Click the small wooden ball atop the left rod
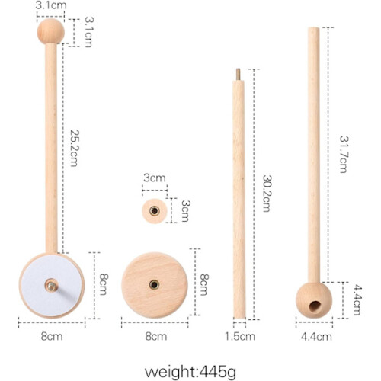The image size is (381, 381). pyautogui.click(x=51, y=31)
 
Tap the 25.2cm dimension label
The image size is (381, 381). pyautogui.click(x=74, y=149)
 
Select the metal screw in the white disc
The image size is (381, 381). pyautogui.click(x=52, y=286)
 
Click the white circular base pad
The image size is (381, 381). pyautogui.click(x=52, y=286)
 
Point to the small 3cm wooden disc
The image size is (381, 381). pyautogui.click(x=155, y=211)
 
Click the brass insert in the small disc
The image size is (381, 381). pyautogui.click(x=155, y=211)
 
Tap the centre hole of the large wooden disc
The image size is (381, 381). pyautogui.click(x=154, y=285)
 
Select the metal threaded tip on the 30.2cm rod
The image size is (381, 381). pyautogui.click(x=238, y=75)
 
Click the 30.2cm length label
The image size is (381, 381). pyautogui.click(x=267, y=194)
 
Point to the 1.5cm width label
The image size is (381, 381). pyautogui.click(x=240, y=336)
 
